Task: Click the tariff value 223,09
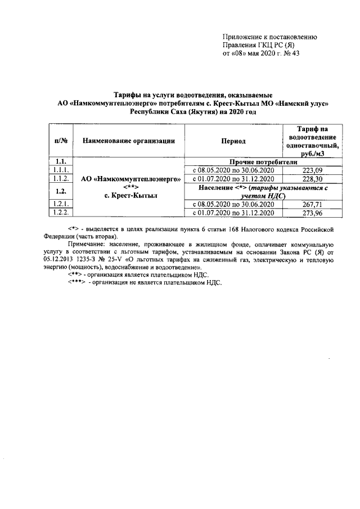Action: [313, 170]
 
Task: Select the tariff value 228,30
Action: [313, 178]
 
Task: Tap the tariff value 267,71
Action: [313, 204]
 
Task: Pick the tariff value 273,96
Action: [313, 213]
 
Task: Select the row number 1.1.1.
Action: [61, 170]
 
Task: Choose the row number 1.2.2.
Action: [61, 213]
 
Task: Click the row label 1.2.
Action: [61, 191]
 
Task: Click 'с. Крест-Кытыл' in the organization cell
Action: [130, 195]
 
